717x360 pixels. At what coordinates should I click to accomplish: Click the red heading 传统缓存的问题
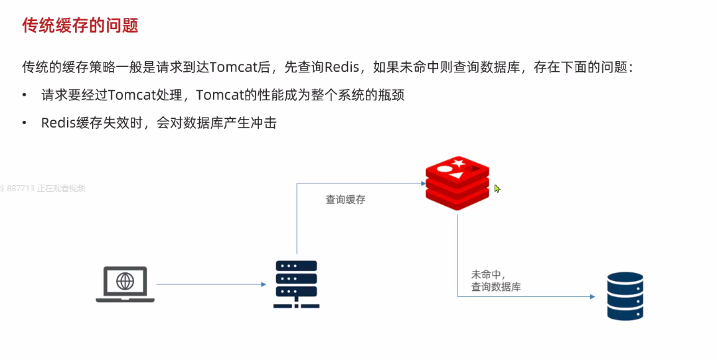[80, 26]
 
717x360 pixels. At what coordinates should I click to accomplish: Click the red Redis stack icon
[457, 183]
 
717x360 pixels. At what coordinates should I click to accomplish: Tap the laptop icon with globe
[125, 284]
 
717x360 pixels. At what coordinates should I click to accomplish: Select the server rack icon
[296, 284]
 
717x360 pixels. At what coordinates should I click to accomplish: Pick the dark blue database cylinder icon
[625, 296]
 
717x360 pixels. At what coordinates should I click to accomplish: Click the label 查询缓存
[345, 199]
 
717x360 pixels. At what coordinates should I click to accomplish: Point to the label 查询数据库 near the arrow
[496, 287]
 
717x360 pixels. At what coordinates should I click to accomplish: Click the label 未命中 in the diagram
[486, 274]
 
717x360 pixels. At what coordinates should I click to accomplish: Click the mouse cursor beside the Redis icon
[497, 189]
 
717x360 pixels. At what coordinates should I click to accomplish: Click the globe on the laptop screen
[125, 281]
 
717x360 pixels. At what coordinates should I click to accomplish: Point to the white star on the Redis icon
[459, 164]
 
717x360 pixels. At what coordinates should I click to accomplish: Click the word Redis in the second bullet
[56, 123]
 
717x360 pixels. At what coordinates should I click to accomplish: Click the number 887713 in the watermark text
[21, 188]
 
